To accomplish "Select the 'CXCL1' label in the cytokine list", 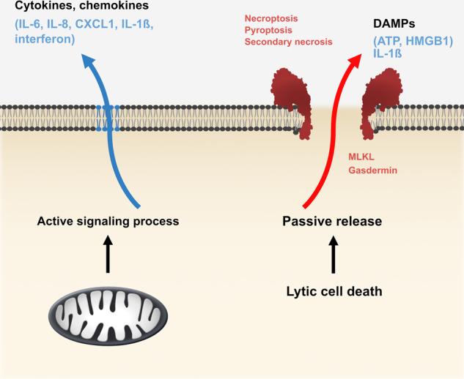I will [112, 24].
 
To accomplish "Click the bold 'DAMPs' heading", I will [388, 23].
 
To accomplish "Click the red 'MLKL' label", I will [360, 155].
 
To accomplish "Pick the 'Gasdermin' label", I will [370, 170].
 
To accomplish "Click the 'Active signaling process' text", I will [108, 220].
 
